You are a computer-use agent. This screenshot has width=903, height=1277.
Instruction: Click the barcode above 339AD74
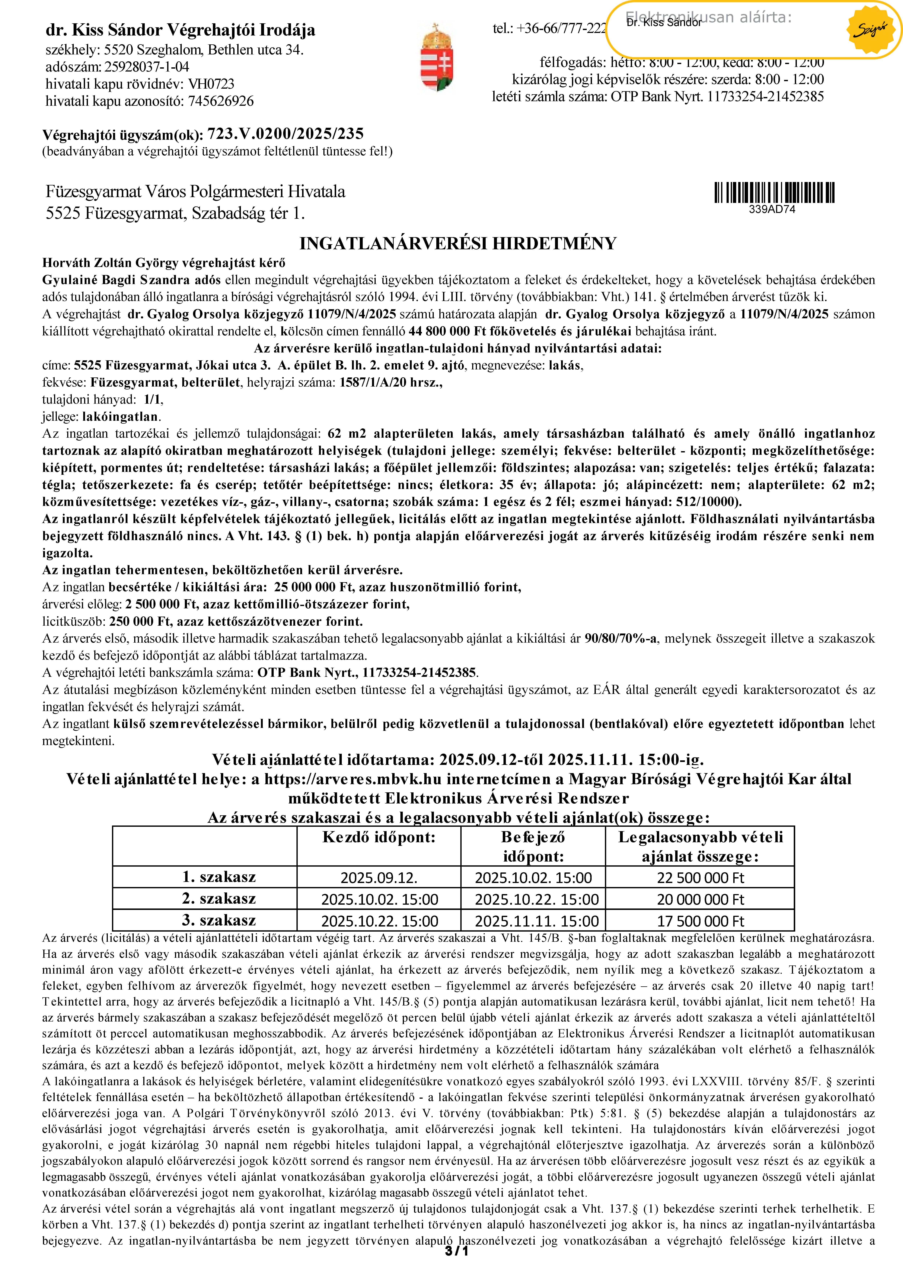click(774, 192)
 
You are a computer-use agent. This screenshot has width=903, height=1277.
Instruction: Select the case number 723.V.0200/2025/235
click(285, 134)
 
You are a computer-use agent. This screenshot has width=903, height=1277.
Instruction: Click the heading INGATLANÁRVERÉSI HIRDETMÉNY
click(457, 244)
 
